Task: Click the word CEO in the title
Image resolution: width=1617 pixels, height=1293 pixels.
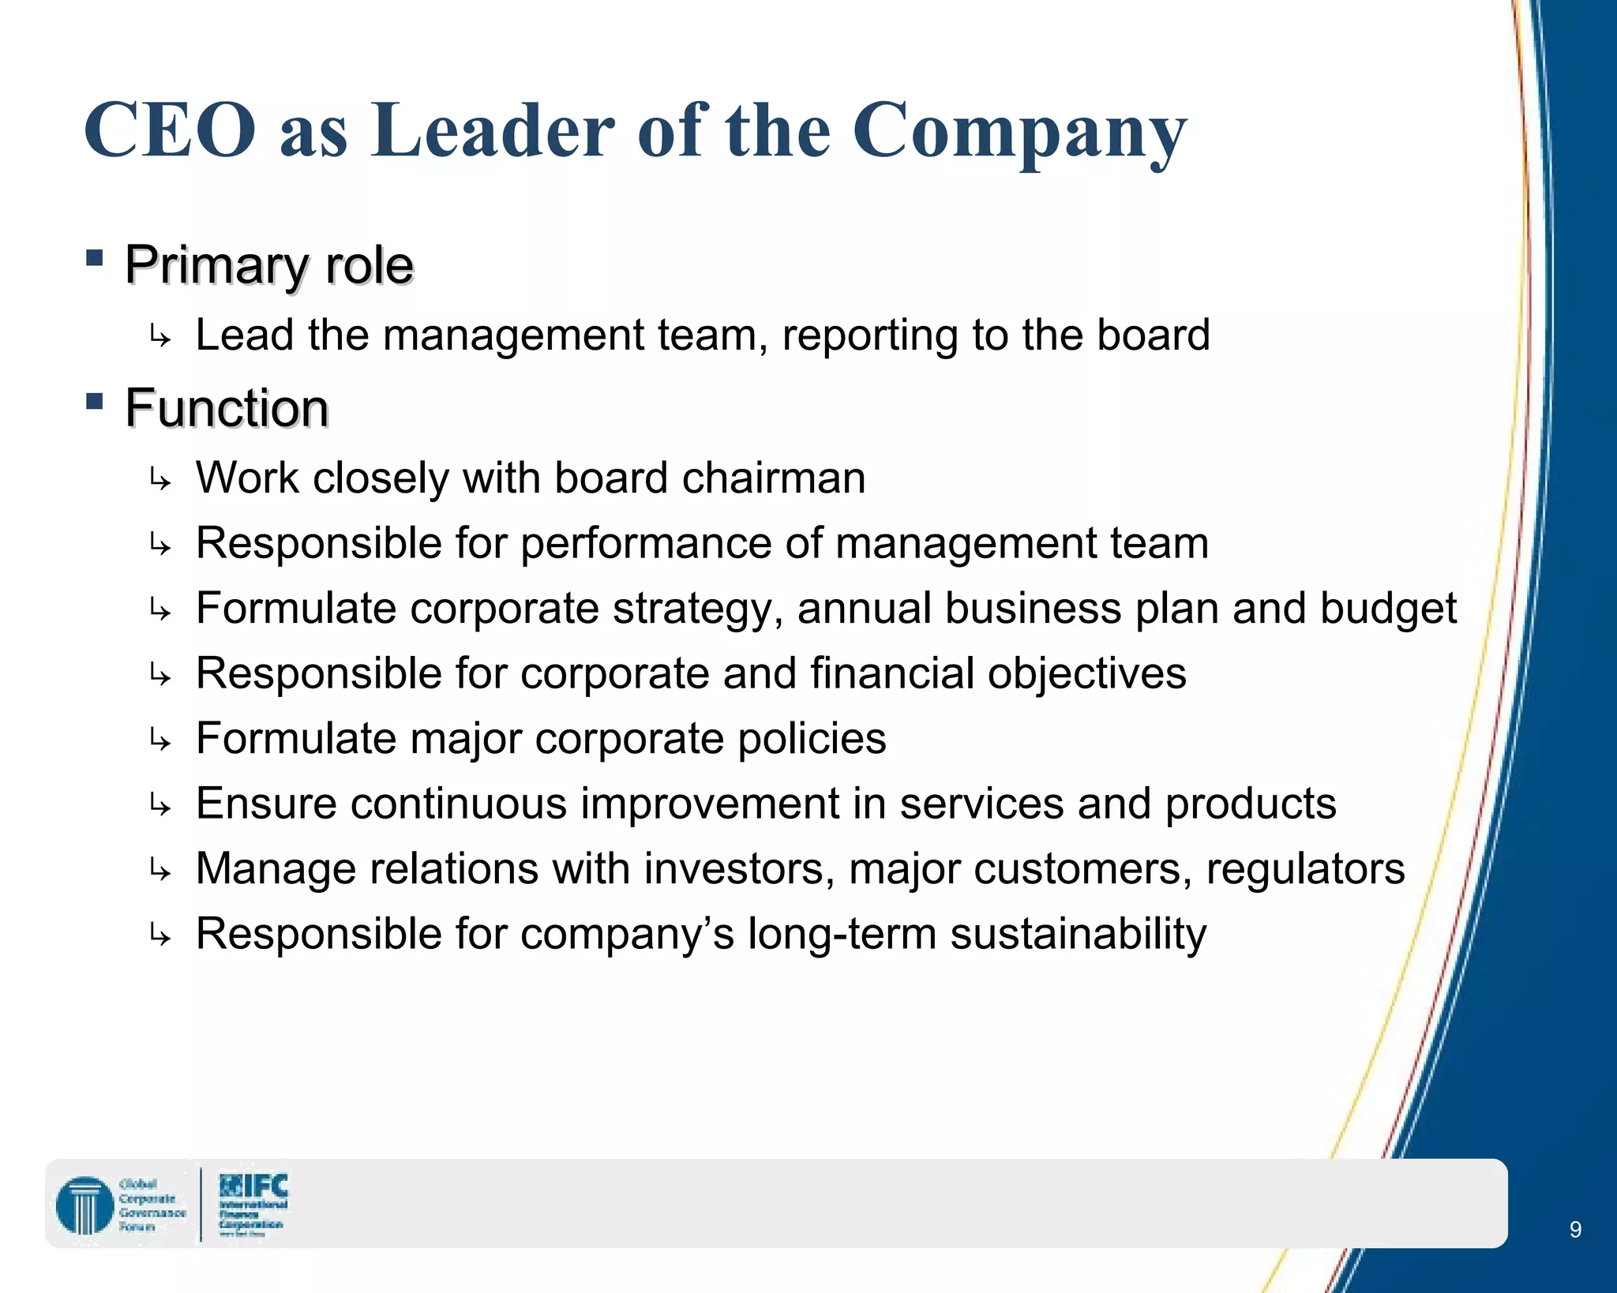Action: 170,130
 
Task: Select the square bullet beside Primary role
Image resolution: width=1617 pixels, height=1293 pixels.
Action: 95,258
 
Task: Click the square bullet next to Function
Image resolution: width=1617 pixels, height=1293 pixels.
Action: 95,402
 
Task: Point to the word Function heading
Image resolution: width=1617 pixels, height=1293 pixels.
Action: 227,408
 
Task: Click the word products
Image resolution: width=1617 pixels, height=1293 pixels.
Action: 1251,804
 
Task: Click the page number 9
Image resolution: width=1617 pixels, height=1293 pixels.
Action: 1575,1229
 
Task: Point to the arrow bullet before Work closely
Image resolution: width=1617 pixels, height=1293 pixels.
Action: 160,479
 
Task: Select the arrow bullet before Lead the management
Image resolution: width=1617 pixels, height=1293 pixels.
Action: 160,337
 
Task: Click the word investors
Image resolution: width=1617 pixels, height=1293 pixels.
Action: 739,869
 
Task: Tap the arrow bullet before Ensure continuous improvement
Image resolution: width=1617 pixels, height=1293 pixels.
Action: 160,805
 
